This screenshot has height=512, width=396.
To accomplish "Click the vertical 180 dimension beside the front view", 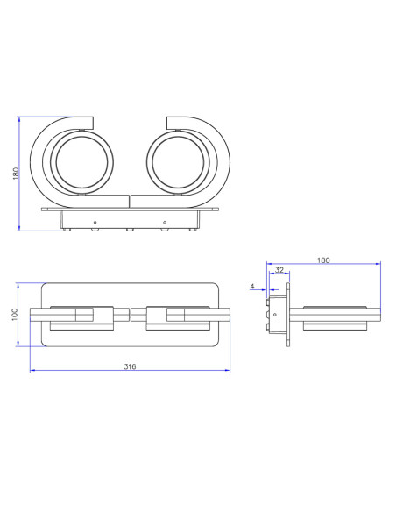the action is (x=16, y=173).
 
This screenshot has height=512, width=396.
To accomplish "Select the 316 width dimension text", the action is (x=130, y=366).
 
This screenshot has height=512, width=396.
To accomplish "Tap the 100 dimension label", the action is (x=15, y=315).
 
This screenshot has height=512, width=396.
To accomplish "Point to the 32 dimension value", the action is (x=279, y=270).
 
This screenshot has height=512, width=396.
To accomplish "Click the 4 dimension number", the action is (x=252, y=287).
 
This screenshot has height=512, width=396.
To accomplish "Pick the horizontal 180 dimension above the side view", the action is (x=323, y=260).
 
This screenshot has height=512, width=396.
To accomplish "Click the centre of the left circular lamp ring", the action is (x=81, y=162).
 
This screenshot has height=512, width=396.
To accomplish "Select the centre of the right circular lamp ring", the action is (x=178, y=162).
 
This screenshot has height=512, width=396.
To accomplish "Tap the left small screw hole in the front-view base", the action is (x=95, y=223).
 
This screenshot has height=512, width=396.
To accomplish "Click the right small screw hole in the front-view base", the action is (x=165, y=223).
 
